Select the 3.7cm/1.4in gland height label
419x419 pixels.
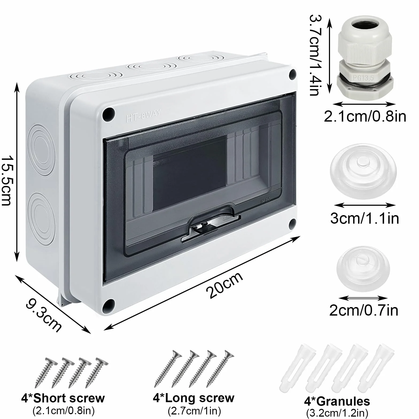pyautogui.click(x=316, y=55)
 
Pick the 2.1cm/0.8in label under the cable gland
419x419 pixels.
pyautogui.click(x=365, y=117)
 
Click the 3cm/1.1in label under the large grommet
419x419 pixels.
pyautogui.click(x=364, y=218)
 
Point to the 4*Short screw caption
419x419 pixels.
pyautogui.click(x=63, y=398)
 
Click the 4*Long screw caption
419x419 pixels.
pyautogui.click(x=193, y=398)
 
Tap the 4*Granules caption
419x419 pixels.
pyautogui.click(x=337, y=401)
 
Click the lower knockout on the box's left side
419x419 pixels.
pyautogui.click(x=42, y=216)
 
